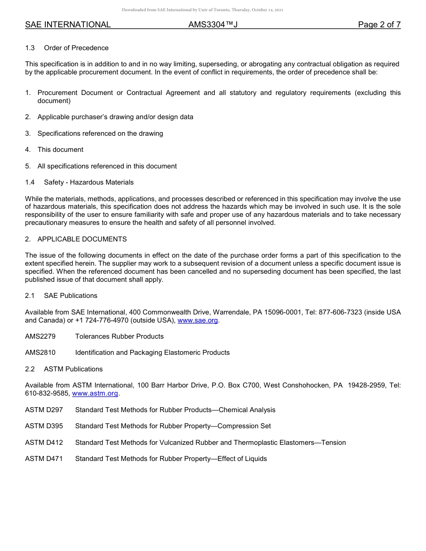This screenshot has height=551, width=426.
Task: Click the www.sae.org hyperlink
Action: pyautogui.click(x=198, y=320)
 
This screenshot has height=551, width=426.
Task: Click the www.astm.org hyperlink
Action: pyautogui.click(x=95, y=393)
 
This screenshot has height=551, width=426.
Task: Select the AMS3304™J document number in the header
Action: pyautogui.click(x=213, y=25)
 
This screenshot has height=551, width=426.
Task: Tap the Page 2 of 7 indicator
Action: pyautogui.click(x=379, y=25)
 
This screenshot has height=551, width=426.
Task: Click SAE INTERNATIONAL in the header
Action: pyautogui.click(x=68, y=25)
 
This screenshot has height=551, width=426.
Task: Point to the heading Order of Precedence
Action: pyautogui.click(x=76, y=48)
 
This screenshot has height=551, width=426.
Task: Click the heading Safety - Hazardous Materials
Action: pyautogui.click(x=89, y=182)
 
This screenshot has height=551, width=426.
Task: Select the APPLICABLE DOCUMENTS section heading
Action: pyautogui.click(x=82, y=239)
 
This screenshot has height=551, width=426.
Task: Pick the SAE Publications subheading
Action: pyautogui.click(x=70, y=296)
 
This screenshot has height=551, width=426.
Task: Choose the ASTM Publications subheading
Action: pyautogui.click(x=73, y=369)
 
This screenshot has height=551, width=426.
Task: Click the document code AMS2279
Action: pyautogui.click(x=40, y=336)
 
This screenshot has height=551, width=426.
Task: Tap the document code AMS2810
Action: pyautogui.click(x=40, y=353)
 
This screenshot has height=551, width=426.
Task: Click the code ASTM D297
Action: pyautogui.click(x=44, y=410)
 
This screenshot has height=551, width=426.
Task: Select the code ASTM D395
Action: pyautogui.click(x=44, y=426)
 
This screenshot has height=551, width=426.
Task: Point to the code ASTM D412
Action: pyautogui.click(x=44, y=443)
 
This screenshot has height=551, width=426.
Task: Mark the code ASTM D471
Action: pyautogui.click(x=44, y=459)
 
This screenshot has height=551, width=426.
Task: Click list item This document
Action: pyautogui.click(x=61, y=150)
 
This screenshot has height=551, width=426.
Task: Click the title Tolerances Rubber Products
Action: pyautogui.click(x=119, y=336)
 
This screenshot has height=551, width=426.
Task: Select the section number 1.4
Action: pyautogui.click(x=30, y=182)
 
